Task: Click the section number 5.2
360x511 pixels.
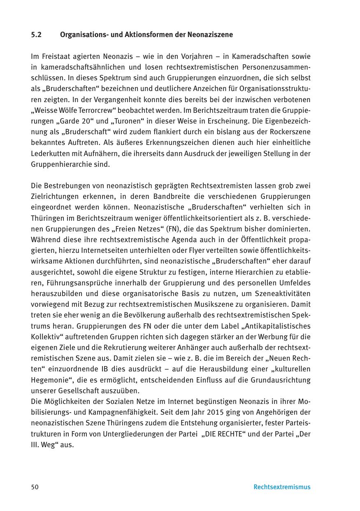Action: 36,35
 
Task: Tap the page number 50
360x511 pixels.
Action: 35,487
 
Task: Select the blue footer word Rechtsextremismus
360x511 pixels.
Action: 282,487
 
